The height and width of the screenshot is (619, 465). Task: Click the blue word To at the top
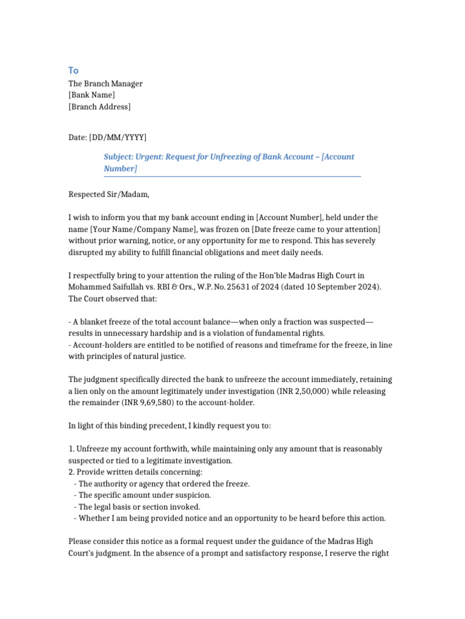73,70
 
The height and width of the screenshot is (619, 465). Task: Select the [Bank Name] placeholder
91,95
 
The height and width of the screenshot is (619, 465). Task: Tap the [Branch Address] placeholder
99,107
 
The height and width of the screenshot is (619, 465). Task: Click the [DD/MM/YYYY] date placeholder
117,138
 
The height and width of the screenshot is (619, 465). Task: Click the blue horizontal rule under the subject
232,177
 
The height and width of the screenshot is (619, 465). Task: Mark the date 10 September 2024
346,287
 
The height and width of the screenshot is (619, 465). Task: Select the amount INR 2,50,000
303,391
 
